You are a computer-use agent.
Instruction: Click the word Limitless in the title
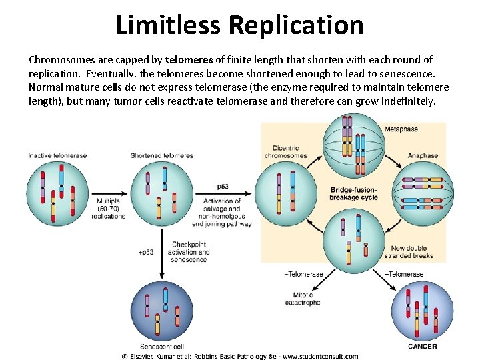(x=169, y=25)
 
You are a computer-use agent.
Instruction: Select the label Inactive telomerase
(x=57, y=155)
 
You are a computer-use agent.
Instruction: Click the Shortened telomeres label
(x=161, y=155)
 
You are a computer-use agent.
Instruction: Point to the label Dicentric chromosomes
(x=285, y=152)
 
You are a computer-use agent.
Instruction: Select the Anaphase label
(x=423, y=155)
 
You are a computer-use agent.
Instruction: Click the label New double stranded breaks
(x=409, y=252)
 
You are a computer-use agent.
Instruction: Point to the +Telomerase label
(x=404, y=274)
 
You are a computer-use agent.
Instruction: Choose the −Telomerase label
(x=303, y=274)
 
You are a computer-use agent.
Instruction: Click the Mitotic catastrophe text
(x=306, y=299)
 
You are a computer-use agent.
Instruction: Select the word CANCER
(x=422, y=346)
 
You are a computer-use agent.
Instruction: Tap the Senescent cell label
(x=162, y=347)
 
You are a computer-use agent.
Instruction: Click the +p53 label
(x=145, y=253)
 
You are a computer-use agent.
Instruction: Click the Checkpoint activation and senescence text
(x=191, y=252)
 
